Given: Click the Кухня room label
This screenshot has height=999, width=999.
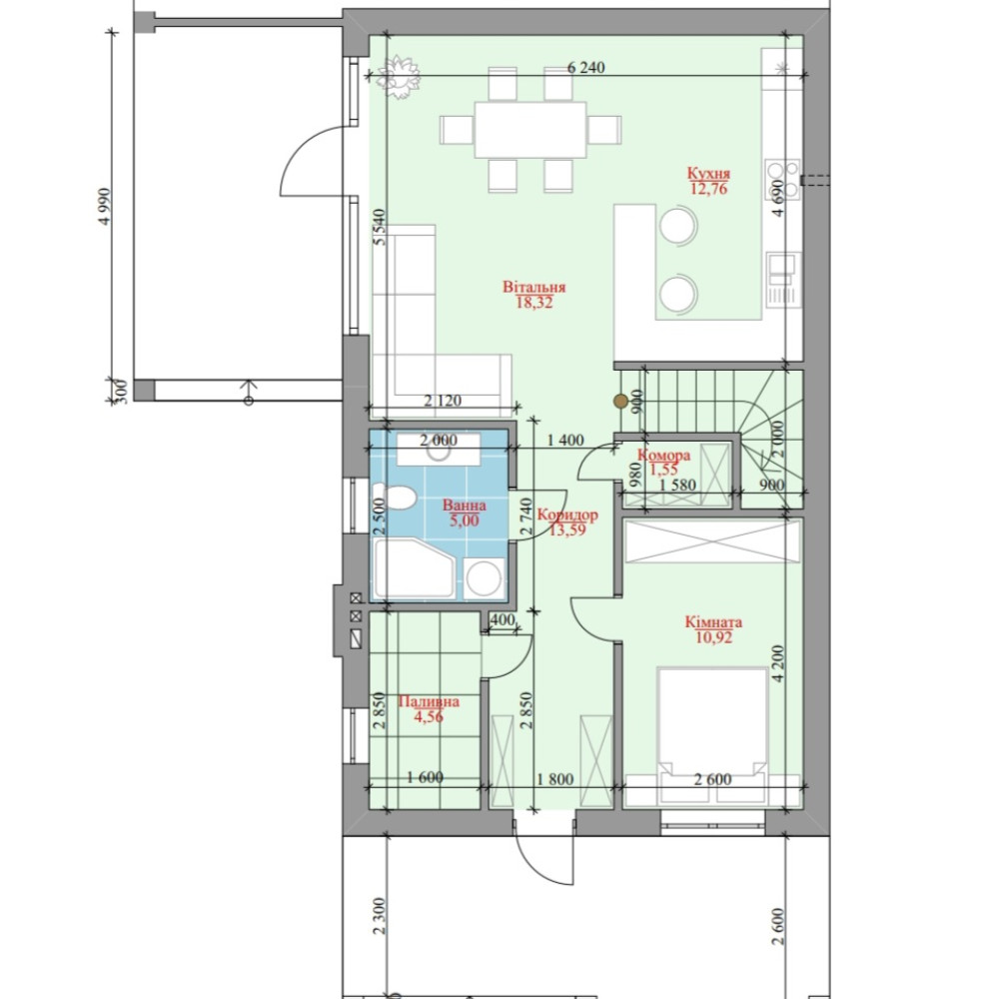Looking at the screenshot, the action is (708, 173).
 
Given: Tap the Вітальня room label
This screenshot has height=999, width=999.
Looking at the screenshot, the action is (533, 287).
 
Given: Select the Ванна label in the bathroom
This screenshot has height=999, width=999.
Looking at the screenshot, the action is (464, 505).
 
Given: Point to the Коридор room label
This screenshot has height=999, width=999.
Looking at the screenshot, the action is (567, 514).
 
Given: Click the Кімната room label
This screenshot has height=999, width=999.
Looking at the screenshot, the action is (713, 621).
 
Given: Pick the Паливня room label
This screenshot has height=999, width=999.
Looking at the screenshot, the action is (429, 702).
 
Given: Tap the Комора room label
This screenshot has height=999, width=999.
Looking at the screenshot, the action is (664, 456).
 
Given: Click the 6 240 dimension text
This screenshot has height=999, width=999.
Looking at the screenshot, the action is (585, 67).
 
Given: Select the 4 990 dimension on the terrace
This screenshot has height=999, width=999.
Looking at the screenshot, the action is (105, 206).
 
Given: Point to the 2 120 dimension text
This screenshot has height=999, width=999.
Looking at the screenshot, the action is (443, 401).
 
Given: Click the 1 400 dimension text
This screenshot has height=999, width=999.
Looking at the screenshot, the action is (565, 440).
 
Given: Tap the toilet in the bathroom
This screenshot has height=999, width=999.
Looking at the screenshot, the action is (395, 497).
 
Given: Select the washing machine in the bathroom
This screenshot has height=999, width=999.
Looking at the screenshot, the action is (485, 578).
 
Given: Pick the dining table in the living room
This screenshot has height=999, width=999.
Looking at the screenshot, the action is (530, 129).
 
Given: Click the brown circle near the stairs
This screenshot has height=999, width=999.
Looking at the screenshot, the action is (620, 401).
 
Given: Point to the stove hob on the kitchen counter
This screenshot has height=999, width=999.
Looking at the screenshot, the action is (783, 179).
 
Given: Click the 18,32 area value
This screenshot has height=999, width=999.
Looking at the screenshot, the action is (533, 303).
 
